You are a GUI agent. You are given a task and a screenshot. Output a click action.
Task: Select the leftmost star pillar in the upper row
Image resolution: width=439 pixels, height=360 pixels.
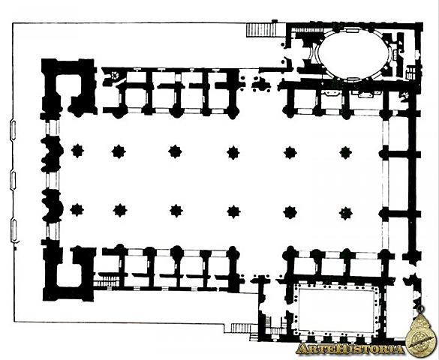[x=77, y=151]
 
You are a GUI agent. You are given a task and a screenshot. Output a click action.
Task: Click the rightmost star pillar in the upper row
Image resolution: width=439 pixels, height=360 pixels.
[x=345, y=152]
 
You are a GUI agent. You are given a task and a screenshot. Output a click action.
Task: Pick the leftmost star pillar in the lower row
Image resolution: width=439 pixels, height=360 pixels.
[x=77, y=210]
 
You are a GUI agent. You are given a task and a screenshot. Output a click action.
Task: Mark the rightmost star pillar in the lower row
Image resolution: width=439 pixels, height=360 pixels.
[x=345, y=211]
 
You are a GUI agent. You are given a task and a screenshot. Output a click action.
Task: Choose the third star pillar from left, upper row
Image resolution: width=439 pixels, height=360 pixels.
[x=176, y=152]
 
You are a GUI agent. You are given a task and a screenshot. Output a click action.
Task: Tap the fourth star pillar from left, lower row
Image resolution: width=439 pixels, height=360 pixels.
[x=233, y=211]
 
